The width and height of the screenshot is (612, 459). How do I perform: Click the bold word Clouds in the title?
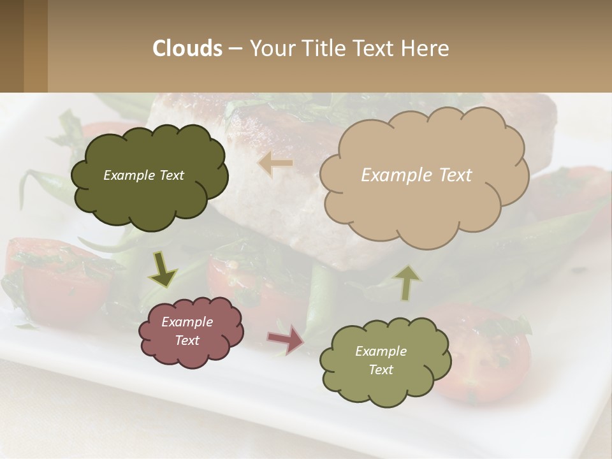(x=187, y=48)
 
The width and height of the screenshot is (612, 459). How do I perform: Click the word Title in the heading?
(x=324, y=48)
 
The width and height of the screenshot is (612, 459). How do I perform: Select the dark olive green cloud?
(x=149, y=176)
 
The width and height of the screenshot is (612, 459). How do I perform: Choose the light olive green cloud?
(x=385, y=361)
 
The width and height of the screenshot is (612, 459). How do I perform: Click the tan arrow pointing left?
(x=275, y=164)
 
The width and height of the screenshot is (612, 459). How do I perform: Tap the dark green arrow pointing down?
(x=163, y=270)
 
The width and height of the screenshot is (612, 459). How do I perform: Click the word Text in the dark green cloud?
(x=171, y=175)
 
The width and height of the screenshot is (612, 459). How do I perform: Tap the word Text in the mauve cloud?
(x=187, y=340)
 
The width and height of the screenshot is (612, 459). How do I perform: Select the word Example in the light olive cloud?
(x=381, y=351)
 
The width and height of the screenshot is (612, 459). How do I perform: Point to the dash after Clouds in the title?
(x=235, y=48)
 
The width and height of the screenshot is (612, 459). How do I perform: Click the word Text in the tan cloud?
(x=456, y=175)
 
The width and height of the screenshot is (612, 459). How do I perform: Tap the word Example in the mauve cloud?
(x=187, y=322)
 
